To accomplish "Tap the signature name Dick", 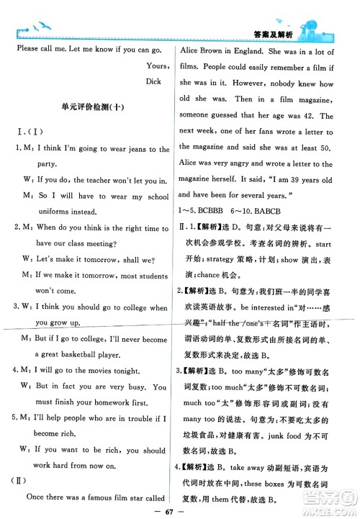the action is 154,81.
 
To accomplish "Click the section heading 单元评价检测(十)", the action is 94,108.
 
